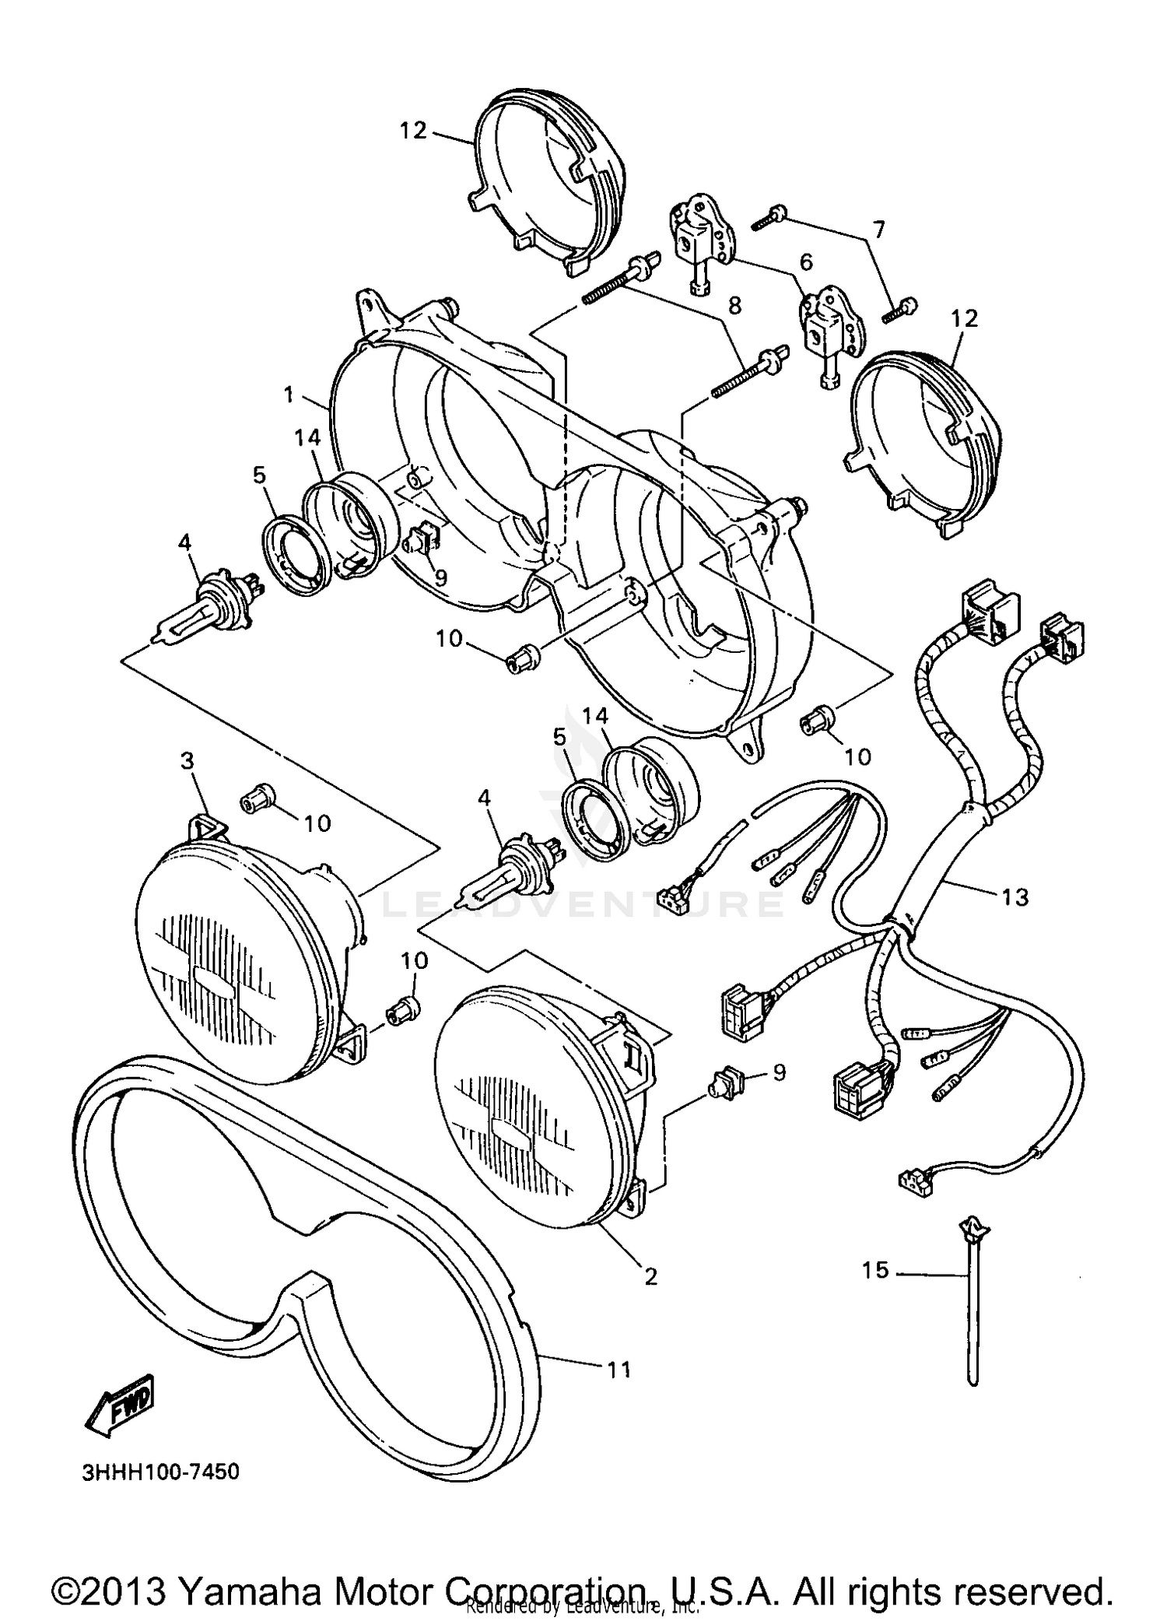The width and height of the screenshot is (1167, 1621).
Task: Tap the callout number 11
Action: click(x=619, y=1369)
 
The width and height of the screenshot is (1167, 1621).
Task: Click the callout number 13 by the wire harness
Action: click(x=1014, y=896)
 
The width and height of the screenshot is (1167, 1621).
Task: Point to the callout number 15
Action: click(x=874, y=1270)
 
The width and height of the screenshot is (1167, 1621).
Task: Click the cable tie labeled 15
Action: click(x=972, y=1307)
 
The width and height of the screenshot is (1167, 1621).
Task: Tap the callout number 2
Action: click(x=650, y=1276)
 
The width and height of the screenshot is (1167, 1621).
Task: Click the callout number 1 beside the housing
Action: click(x=289, y=395)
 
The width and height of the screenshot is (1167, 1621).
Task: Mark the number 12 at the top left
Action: click(x=413, y=130)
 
